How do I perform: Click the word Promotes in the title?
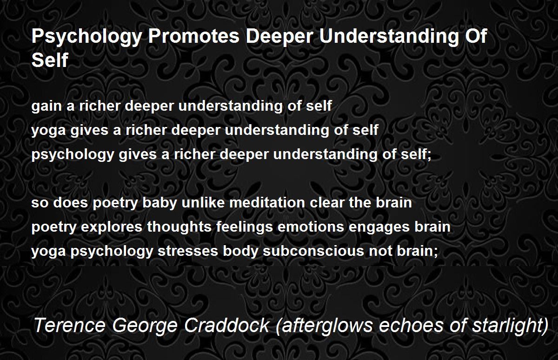coord(193,36)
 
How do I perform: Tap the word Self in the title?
coord(50,60)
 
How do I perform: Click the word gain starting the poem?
coord(46,107)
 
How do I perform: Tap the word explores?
coord(111,227)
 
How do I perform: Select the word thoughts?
coord(179,227)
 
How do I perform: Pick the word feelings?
coord(245,227)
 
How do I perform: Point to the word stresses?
coord(188,251)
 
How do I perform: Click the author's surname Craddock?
coord(227,325)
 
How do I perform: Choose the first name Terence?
coord(69,325)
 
